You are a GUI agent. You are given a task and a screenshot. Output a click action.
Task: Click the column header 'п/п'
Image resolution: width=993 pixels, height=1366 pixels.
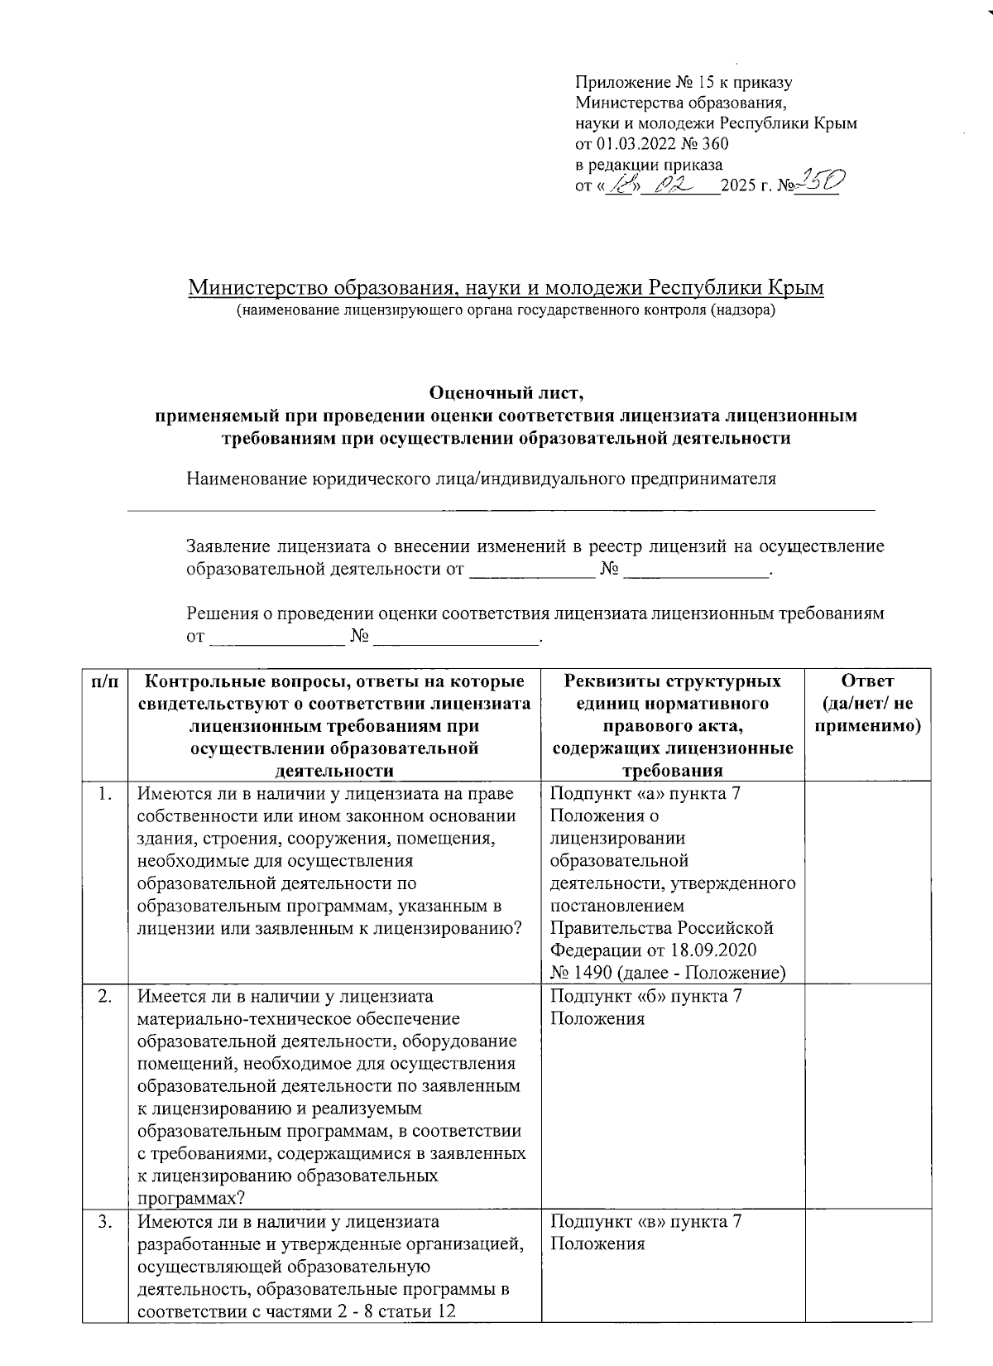104,681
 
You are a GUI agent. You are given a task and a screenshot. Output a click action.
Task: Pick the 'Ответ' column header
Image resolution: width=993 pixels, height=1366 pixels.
867,681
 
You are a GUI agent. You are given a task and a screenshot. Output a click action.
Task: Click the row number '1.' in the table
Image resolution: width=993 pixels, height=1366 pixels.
104,795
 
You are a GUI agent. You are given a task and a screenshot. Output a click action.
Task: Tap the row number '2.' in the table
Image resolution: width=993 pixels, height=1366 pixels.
104,996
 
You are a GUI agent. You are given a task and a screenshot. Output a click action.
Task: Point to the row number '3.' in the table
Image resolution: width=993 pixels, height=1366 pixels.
104,1222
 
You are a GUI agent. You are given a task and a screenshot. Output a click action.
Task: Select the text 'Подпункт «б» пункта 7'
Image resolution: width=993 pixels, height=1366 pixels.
645,996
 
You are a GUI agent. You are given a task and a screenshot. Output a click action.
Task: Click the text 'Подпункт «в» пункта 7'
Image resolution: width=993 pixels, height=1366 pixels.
645,1222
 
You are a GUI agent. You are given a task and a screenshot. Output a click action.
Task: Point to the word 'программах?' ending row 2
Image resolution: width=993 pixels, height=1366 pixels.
191,1198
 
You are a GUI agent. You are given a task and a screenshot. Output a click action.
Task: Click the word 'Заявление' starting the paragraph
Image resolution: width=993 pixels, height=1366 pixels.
228,546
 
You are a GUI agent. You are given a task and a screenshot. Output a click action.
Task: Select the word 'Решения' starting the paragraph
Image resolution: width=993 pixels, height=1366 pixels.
221,613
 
